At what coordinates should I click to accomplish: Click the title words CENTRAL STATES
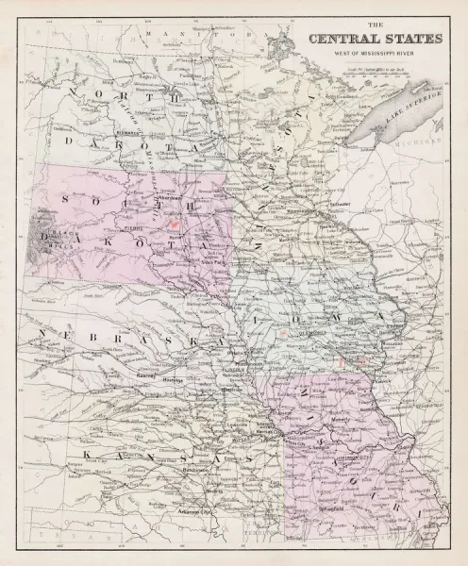(x=363, y=40)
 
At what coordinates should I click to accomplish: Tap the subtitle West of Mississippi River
(x=363, y=53)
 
